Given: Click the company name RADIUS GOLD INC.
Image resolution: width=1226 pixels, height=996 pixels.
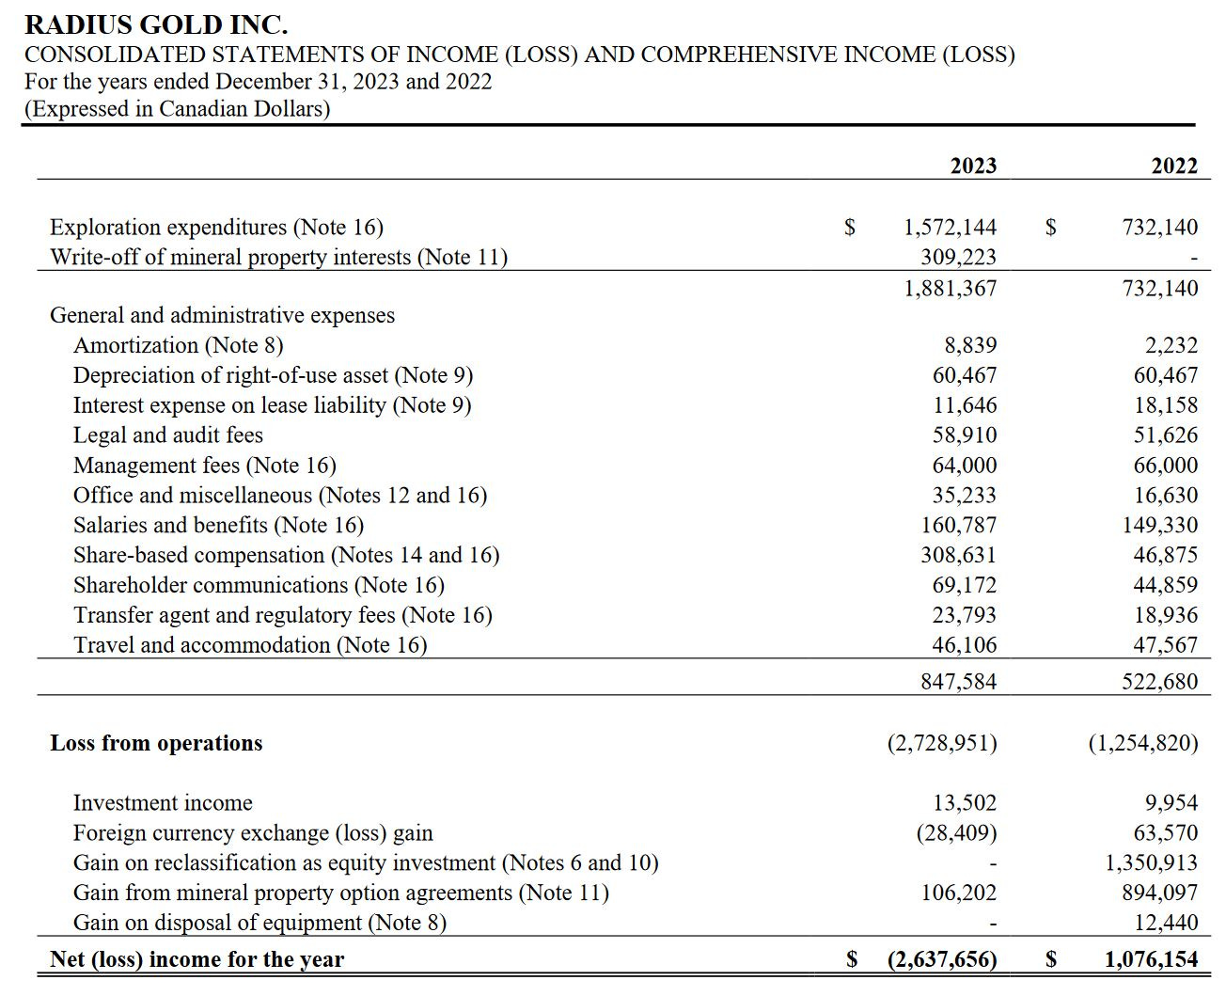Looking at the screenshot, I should [156, 24].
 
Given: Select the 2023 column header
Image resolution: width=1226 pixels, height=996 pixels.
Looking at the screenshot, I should [973, 166].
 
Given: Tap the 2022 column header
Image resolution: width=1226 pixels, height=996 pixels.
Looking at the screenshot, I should [1174, 166].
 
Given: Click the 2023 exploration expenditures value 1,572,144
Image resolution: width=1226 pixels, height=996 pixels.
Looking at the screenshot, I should [950, 227].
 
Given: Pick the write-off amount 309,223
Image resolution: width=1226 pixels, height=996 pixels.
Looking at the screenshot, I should [958, 257].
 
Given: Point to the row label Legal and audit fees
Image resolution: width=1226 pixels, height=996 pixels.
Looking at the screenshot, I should [168, 435].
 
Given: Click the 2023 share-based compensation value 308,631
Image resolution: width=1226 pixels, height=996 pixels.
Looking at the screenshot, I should [958, 555].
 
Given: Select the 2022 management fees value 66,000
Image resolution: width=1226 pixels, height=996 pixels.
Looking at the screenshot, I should [1166, 466].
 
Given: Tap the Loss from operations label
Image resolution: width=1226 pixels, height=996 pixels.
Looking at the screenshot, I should [156, 743].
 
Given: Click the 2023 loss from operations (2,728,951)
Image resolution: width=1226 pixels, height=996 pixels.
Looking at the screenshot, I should [942, 743].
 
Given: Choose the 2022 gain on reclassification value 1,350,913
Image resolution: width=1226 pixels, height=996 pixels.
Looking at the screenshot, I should [1152, 862].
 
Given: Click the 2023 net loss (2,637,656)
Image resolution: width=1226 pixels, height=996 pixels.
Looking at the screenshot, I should [942, 959].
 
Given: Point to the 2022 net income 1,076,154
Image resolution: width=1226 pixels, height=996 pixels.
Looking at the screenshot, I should [1152, 959].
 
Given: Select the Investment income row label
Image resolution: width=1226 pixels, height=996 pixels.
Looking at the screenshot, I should [163, 803].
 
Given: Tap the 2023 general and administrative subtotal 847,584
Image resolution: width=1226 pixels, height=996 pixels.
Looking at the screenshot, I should [958, 681].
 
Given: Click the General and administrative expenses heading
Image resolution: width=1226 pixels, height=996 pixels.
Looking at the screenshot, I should [222, 315].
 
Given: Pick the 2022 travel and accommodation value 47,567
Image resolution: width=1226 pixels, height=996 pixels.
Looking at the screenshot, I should [1166, 645].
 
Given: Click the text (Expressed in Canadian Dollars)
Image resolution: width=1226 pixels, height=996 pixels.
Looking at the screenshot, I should [178, 109].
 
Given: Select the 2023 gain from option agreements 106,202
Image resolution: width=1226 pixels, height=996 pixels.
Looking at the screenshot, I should [958, 893].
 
